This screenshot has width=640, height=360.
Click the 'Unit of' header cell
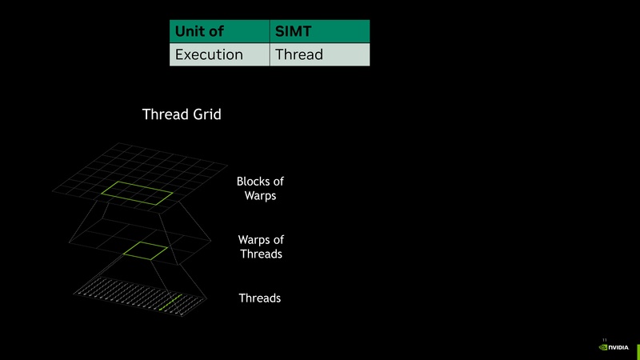[x=218, y=31]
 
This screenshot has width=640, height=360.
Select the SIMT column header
[x=319, y=31]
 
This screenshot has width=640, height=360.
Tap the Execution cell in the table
[x=218, y=54]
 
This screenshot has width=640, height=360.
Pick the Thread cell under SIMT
[x=319, y=54]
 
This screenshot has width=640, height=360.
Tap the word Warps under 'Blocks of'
[x=261, y=196]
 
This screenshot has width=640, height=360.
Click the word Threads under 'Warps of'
[x=261, y=254]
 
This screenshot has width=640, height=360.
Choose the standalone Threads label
[x=260, y=298]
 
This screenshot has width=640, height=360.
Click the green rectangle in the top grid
[x=137, y=192]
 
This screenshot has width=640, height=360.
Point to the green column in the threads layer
[x=166, y=302]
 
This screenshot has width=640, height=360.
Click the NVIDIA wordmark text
[x=618, y=348]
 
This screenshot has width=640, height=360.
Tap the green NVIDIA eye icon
[x=603, y=348]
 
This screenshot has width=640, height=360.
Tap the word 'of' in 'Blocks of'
[x=278, y=182]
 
